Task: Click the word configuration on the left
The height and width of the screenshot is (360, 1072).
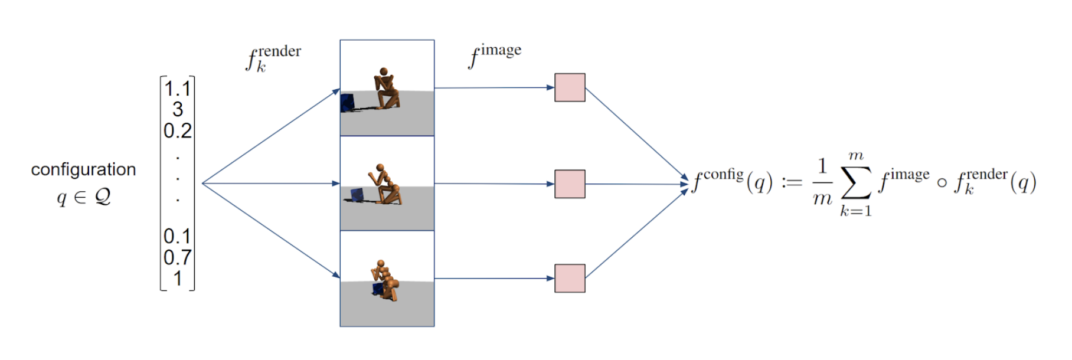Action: coord(83,170)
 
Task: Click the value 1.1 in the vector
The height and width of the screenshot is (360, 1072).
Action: coord(177,89)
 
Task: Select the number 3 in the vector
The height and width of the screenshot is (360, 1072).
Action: coord(178,110)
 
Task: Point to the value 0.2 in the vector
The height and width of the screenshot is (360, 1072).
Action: coord(177,130)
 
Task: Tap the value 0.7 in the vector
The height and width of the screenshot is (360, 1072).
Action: coord(177,258)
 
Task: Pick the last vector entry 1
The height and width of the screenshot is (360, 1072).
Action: coord(178,279)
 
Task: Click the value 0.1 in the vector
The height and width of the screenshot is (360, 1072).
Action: coord(177,237)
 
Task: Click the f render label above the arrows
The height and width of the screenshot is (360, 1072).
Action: coord(273,58)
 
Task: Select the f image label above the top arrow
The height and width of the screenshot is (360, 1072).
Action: coord(495,56)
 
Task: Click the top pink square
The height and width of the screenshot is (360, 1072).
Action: coord(570,87)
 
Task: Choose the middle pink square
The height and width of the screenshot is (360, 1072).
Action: coord(570,184)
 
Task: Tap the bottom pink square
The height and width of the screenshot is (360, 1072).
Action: coord(570,278)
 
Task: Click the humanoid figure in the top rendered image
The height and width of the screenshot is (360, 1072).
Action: coord(387,89)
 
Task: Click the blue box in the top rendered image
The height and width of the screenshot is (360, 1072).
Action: coord(347,103)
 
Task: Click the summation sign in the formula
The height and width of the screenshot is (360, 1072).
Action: coord(856,182)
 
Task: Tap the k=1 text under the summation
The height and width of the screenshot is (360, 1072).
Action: coord(856,211)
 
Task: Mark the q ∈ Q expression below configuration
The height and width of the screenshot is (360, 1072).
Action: coord(83,197)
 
